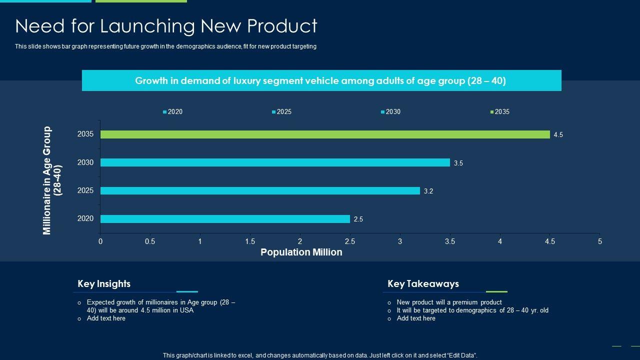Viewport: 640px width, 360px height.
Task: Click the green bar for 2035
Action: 325,134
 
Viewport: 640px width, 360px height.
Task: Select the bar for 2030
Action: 275,162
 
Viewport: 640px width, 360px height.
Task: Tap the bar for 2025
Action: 260,190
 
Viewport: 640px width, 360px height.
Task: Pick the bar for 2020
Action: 225,219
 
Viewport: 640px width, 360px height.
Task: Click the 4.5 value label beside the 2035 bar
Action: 558,135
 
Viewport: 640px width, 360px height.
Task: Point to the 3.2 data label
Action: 428,191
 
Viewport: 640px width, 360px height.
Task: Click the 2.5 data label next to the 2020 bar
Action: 358,219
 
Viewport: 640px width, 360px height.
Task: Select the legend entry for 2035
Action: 501,112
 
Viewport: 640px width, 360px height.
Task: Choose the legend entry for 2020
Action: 174,112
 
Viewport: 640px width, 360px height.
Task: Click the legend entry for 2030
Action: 392,112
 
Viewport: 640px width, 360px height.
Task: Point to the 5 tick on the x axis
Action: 599,241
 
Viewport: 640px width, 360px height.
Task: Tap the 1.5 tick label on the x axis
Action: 250,241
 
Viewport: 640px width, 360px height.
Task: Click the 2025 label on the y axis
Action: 85,190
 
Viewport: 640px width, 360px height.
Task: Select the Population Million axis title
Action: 301,252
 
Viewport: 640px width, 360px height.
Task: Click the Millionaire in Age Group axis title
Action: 52,180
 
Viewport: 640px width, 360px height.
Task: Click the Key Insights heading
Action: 104,284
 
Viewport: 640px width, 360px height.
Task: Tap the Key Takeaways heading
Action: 423,284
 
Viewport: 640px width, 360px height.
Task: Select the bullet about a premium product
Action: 449,302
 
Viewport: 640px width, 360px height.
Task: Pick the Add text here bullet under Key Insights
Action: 106,318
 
